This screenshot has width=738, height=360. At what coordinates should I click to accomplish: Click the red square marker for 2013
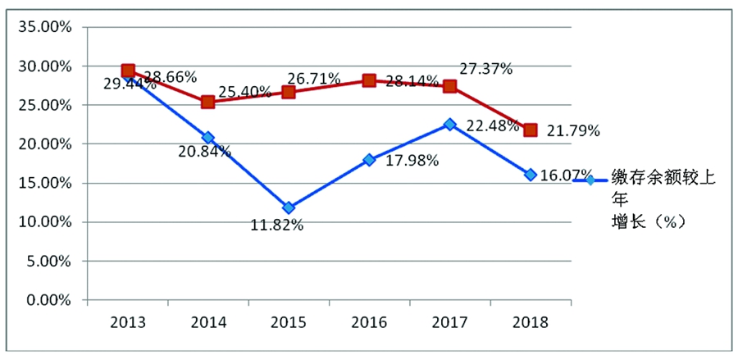[x=128, y=71]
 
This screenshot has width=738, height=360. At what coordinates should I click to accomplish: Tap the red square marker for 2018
[x=531, y=130]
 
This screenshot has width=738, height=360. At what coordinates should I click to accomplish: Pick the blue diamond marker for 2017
[x=449, y=124]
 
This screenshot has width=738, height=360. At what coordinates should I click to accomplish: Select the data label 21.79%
[x=573, y=130]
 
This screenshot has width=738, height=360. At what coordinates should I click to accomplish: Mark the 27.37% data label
[x=486, y=69]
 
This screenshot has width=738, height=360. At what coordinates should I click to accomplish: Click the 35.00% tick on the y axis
[x=45, y=27]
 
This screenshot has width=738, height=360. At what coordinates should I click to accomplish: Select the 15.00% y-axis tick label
[x=45, y=183]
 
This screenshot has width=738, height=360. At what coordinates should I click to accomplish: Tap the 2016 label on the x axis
[x=369, y=321]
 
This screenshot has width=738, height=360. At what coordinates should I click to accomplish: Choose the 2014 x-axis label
[x=208, y=321]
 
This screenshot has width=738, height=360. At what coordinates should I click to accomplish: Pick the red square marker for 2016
[x=369, y=80]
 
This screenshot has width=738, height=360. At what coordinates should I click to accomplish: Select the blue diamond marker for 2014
[x=208, y=138]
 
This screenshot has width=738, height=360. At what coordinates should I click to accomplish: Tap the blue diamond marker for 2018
[x=531, y=175]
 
